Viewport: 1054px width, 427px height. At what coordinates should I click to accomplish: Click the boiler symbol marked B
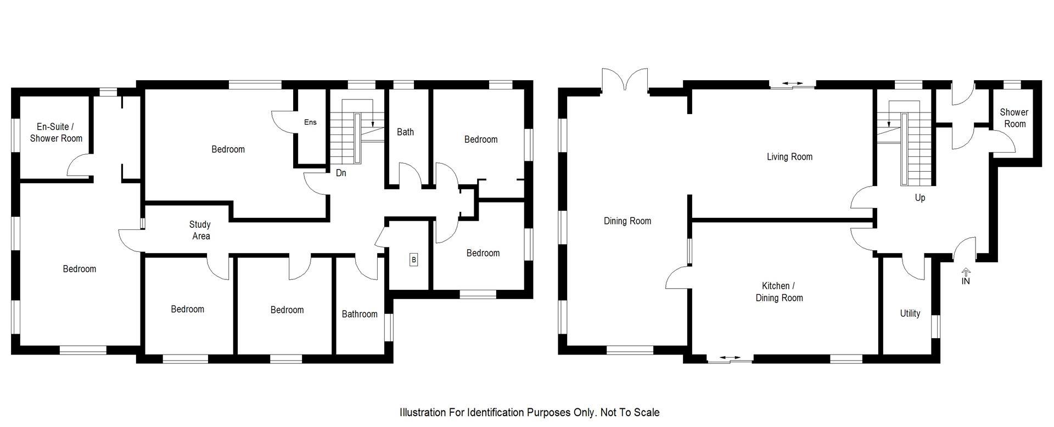click(x=413, y=260)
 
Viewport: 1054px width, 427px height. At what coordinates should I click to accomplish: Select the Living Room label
click(x=789, y=157)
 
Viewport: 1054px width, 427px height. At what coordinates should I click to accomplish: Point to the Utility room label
click(x=910, y=313)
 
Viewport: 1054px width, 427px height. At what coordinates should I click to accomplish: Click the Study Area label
click(x=200, y=230)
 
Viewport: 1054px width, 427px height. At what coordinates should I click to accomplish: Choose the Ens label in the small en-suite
click(x=310, y=122)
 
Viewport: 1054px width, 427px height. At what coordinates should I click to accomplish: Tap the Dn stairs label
click(x=341, y=173)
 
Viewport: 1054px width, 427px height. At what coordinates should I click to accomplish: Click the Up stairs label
click(x=920, y=198)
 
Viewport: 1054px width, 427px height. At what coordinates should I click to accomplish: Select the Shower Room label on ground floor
click(x=1014, y=118)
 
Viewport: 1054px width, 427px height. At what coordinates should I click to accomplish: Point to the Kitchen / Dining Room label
click(x=779, y=292)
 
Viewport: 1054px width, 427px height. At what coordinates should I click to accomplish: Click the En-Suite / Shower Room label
click(x=56, y=133)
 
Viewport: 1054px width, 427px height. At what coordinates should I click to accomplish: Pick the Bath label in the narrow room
click(x=405, y=132)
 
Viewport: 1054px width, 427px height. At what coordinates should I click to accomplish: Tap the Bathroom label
click(x=360, y=314)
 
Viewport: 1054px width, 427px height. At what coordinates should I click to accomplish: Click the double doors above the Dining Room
click(x=625, y=80)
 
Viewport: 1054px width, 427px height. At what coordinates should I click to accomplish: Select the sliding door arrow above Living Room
click(x=792, y=83)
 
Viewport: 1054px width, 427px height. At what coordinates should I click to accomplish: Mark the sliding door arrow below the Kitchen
click(x=730, y=358)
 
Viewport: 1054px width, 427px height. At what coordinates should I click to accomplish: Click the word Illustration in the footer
click(x=422, y=412)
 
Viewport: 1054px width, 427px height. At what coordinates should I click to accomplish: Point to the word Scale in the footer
click(x=647, y=412)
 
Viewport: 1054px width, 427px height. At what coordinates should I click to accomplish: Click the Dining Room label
click(x=627, y=221)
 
